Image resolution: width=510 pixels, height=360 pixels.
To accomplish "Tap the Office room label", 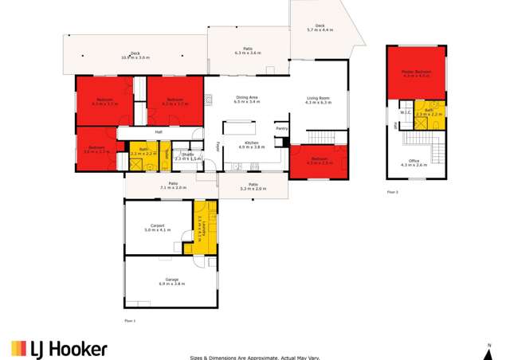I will click(x=417, y=162).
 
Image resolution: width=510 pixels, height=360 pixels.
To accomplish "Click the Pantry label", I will click(x=280, y=128).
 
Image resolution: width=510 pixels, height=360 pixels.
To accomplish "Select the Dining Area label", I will click(x=247, y=100).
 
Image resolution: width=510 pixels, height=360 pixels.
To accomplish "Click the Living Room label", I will click(x=318, y=100).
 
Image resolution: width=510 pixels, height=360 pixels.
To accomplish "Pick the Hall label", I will click(x=159, y=131).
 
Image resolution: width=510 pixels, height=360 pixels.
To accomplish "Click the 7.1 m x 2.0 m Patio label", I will click(x=172, y=187).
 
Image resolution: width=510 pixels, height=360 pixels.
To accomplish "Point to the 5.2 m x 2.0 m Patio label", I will click(x=253, y=186).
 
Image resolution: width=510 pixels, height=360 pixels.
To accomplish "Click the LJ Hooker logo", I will click(x=59, y=348).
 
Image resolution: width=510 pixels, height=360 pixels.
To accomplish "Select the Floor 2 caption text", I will click(x=392, y=192).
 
